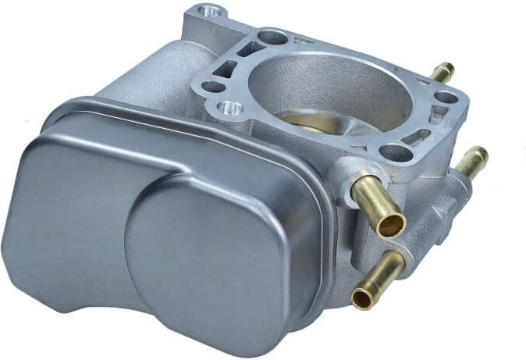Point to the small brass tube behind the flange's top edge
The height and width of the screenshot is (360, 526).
441,73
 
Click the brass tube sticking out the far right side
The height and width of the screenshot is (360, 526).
472,161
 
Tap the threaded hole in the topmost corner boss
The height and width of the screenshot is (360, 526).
208,12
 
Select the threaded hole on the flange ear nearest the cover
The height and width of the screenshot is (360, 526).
232,108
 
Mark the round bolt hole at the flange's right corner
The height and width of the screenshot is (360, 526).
446,98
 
